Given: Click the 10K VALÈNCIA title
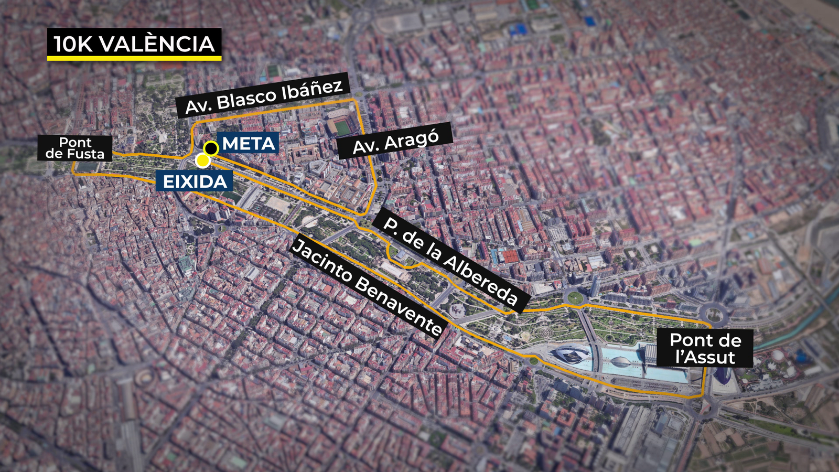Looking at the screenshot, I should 134,44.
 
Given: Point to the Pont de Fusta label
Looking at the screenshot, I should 75,148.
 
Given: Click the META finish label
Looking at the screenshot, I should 249,143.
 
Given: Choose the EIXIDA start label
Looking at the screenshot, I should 195,181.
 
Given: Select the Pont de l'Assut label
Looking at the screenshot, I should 705,349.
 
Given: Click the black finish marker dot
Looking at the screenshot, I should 211,148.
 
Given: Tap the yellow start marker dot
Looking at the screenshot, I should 202,160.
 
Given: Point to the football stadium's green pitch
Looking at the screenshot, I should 342,127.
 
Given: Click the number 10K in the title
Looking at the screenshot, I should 73,44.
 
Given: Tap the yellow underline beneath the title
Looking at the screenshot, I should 134,58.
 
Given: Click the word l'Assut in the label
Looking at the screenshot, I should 705,358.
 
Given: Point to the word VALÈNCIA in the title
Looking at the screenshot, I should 157,44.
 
